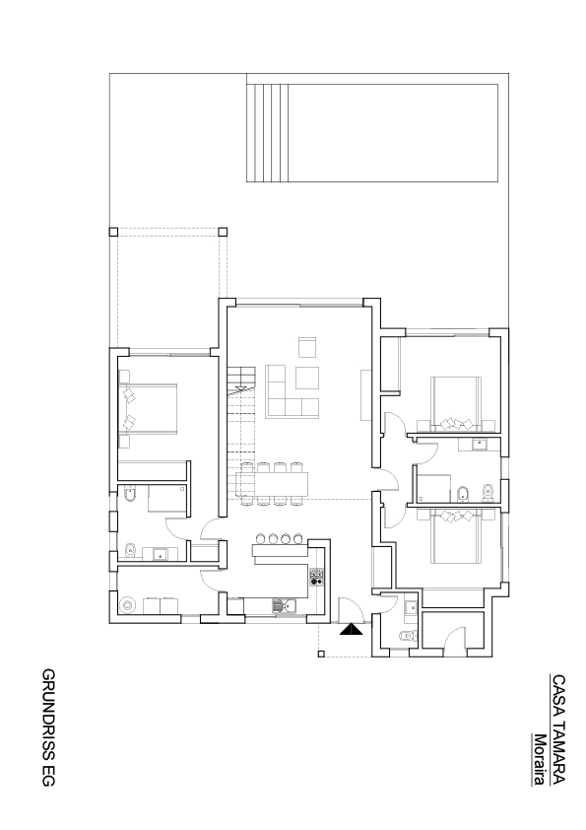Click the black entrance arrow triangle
(x=350, y=629)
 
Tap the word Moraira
(x=540, y=760)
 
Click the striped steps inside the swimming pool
(x=267, y=133)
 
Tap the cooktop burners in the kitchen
(x=316, y=577)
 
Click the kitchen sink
(x=285, y=605)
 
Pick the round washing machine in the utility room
(x=127, y=604)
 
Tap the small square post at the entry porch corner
(x=320, y=655)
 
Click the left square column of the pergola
(x=113, y=232)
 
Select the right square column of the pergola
(x=223, y=232)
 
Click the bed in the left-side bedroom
(x=148, y=409)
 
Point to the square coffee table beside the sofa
(x=307, y=378)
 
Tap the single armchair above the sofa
(x=307, y=347)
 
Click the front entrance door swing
(x=350, y=609)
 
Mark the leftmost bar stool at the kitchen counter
(x=260, y=539)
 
